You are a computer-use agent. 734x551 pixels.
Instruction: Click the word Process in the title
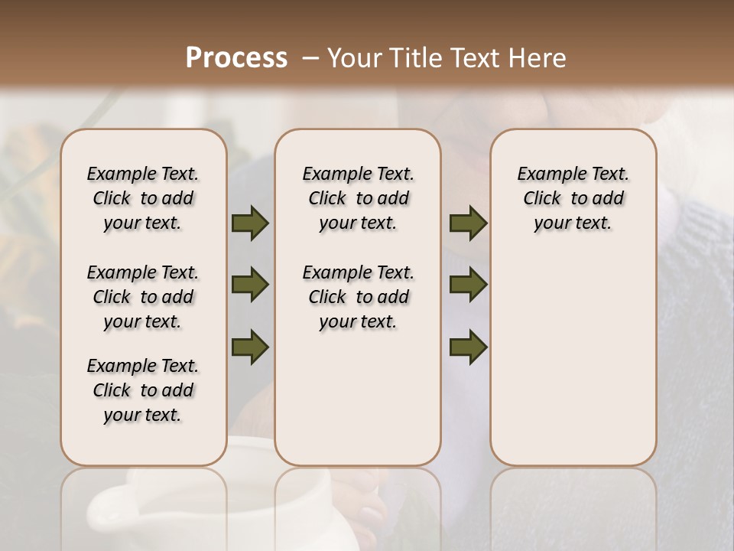tap(236, 58)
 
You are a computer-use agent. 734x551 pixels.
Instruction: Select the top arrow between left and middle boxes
tap(250, 223)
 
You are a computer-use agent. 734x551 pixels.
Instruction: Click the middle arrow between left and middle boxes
tap(250, 285)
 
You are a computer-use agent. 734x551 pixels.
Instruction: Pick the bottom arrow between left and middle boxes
tap(250, 347)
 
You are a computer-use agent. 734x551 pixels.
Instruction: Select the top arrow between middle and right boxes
tap(468, 223)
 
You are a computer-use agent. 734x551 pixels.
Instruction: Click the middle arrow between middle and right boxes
tap(468, 285)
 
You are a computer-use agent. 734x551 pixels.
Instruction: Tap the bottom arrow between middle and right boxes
tap(468, 347)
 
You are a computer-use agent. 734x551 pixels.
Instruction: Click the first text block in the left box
tap(143, 198)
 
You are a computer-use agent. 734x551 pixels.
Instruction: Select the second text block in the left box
tap(143, 297)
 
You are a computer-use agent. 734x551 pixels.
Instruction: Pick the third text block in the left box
tap(143, 390)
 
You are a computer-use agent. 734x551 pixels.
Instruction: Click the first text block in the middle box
tap(359, 198)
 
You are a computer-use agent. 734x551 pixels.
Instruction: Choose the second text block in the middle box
tap(359, 297)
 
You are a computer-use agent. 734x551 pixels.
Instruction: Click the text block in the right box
tap(573, 198)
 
